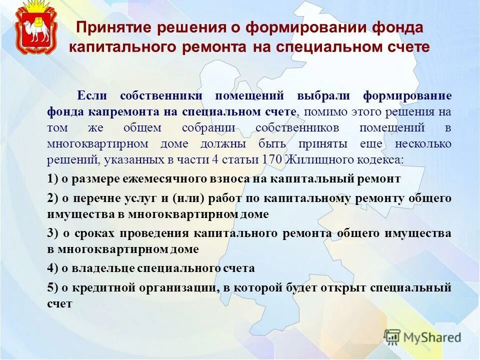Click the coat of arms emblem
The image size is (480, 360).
point(35,29)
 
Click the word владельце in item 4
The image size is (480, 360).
point(96,268)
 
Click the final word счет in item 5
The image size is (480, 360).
point(60,303)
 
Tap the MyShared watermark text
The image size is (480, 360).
point(433,337)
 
